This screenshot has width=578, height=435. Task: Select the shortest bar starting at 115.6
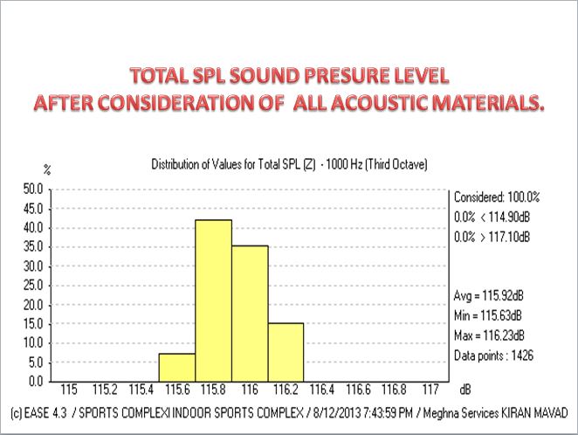[x=177, y=367]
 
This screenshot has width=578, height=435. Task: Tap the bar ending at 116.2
[x=250, y=313]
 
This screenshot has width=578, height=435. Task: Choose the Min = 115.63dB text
[x=491, y=314]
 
